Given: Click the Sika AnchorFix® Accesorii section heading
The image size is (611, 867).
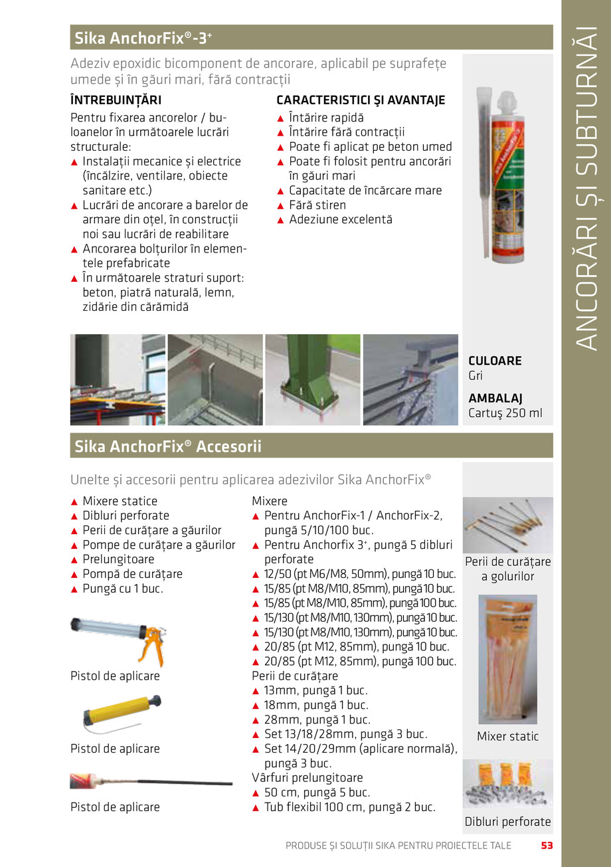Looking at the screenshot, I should coord(167,446).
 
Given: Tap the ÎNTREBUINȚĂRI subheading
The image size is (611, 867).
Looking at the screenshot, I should coord(116,100).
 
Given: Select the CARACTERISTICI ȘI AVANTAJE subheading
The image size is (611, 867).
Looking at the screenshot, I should coord(361,100).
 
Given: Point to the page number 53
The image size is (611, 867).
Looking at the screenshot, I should coord(547,846).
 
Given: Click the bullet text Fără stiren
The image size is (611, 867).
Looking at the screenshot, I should coord(317,205).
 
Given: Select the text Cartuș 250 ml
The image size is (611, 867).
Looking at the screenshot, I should coord(505,413).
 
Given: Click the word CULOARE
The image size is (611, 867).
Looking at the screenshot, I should coord(495,361).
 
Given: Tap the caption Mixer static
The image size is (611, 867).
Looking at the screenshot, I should coord(507,736).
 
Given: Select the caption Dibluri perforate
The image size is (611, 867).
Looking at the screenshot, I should coord(507,821).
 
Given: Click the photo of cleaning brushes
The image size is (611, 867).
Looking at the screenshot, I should coord(507,525).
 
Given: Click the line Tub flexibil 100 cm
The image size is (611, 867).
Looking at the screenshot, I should coord(349,807).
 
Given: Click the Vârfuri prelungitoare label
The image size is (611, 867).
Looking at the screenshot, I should coord(307,777).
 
